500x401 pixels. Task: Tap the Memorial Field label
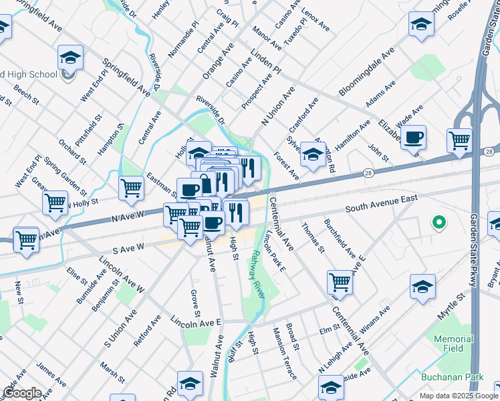coord(453,344)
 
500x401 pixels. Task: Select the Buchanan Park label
coord(452,378)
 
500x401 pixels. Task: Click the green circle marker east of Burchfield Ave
coord(439,222)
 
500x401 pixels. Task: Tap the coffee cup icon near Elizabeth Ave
coord(414,138)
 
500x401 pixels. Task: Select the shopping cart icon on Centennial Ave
coord(340,283)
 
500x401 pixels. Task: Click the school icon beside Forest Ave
coord(312,154)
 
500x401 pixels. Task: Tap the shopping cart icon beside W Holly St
coord(55,202)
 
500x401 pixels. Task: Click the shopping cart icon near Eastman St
coord(131,188)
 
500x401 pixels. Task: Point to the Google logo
coord(22,393)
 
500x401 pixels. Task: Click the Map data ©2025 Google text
coord(459,396)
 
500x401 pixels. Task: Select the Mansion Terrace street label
coord(284,354)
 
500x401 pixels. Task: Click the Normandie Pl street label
coord(184,43)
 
